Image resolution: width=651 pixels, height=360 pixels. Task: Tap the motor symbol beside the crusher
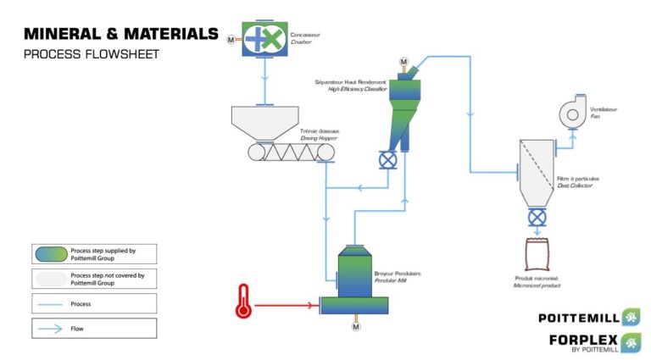click(x=231, y=39)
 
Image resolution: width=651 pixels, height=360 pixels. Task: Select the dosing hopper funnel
click(x=264, y=122)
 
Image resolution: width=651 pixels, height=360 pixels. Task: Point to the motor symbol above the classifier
click(x=403, y=62)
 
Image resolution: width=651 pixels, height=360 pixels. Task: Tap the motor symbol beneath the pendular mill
click(x=356, y=326)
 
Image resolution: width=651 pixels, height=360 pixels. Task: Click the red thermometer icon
click(x=244, y=302)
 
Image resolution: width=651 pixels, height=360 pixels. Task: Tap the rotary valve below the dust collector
click(x=537, y=219)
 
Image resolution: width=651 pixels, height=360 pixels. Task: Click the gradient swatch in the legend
click(x=51, y=254)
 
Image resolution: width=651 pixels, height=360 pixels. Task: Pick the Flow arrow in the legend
click(x=51, y=328)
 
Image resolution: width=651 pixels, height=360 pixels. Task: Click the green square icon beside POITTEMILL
click(x=631, y=318)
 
